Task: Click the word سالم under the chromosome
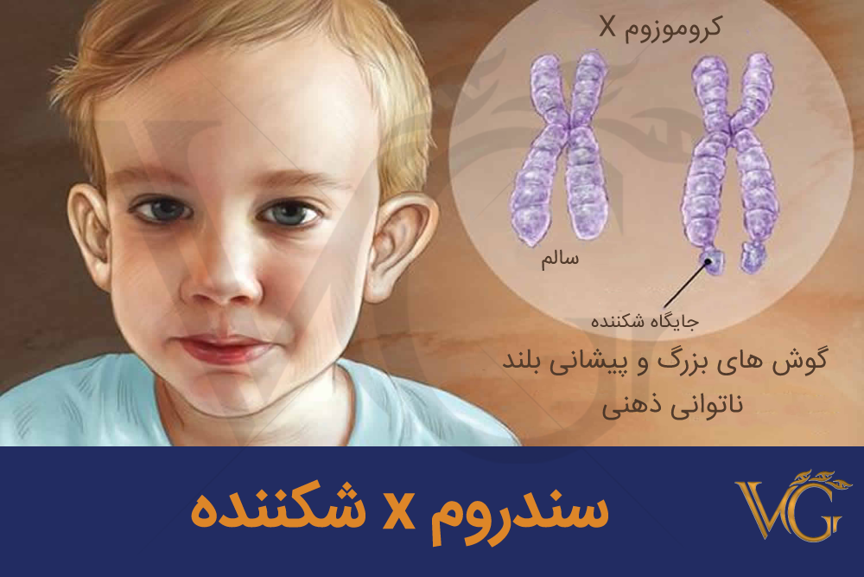pyautogui.click(x=560, y=258)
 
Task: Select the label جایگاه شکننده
pyautogui.click(x=645, y=320)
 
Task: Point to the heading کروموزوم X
pyautogui.click(x=660, y=28)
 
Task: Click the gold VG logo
pyautogui.click(x=793, y=504)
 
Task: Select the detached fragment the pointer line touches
pyautogui.click(x=713, y=261)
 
